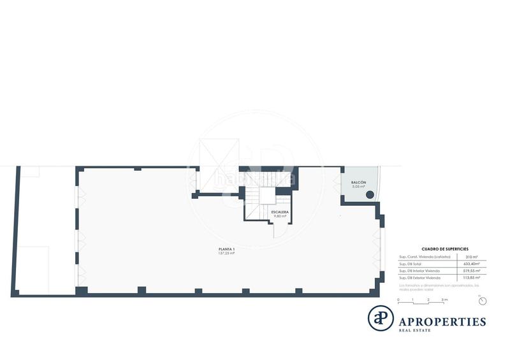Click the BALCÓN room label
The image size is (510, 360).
click(x=358, y=183)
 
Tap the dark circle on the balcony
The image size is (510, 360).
click(x=370, y=196)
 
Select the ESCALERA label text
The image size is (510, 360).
click(x=280, y=212)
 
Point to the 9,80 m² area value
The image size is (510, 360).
click(x=280, y=217)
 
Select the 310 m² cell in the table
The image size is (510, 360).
click(x=471, y=257)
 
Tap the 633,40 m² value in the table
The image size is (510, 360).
click(x=472, y=264)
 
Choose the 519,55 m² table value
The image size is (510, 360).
click(x=472, y=271)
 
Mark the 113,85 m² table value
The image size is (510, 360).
click(x=472, y=278)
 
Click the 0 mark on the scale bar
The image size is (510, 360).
click(x=398, y=299)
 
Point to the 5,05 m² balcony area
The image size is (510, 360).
click(x=358, y=188)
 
